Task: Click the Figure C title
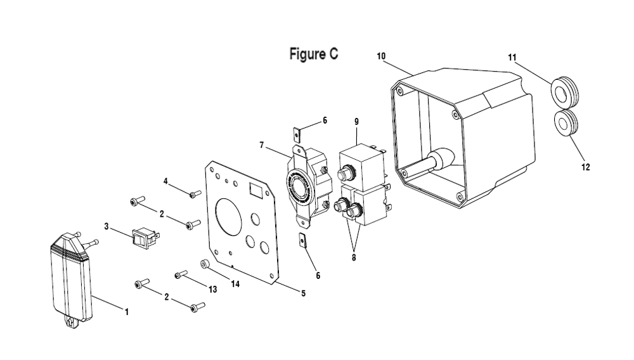[313, 54]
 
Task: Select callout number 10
[381, 56]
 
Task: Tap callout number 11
[512, 58]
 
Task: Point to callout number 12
[585, 167]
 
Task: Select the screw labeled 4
[195, 195]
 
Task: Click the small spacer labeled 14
[205, 264]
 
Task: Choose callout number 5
[303, 293]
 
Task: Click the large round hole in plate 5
[229, 216]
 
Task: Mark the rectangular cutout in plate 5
[257, 190]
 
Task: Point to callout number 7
[262, 145]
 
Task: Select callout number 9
[356, 122]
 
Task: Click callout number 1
[126, 312]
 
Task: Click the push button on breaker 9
[344, 174]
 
